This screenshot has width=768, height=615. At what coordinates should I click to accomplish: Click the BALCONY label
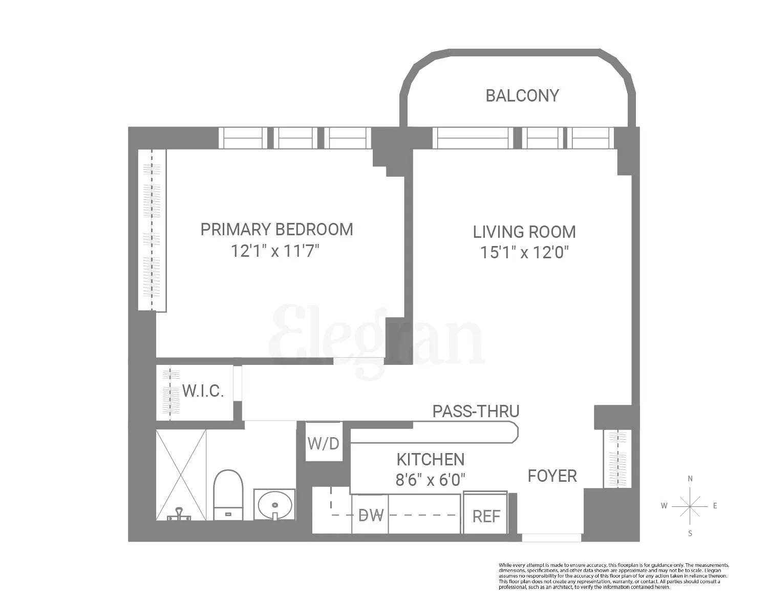(x=522, y=96)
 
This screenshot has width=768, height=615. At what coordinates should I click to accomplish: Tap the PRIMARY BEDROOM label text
(x=276, y=229)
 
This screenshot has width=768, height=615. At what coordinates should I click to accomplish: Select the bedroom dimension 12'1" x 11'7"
(x=275, y=251)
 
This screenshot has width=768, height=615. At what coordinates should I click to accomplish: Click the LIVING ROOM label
(x=524, y=232)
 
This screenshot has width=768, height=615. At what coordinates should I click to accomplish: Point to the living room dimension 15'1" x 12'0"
(x=524, y=253)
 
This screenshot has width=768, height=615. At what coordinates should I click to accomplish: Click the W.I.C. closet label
(x=203, y=392)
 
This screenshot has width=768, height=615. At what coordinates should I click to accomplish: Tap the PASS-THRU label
(x=476, y=411)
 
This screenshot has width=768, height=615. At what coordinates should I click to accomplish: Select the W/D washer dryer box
(x=324, y=443)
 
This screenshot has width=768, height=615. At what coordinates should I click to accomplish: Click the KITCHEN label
(x=431, y=459)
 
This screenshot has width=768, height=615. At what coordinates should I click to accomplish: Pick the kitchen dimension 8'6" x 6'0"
(x=431, y=480)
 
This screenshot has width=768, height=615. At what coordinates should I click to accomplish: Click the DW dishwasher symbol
(x=371, y=515)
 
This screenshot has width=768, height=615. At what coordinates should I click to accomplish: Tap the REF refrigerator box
(x=486, y=516)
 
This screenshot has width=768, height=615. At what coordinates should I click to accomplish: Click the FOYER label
(x=552, y=476)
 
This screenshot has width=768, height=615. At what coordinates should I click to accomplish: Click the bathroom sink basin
(x=275, y=505)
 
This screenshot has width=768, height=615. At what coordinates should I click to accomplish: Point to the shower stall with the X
(x=181, y=474)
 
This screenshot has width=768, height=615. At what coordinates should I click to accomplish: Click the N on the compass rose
(x=690, y=479)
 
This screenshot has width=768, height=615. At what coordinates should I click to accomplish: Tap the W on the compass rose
(x=664, y=506)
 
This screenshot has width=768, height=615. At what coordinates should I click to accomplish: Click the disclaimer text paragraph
(x=613, y=576)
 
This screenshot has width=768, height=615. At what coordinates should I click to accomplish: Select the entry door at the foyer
(x=551, y=538)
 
